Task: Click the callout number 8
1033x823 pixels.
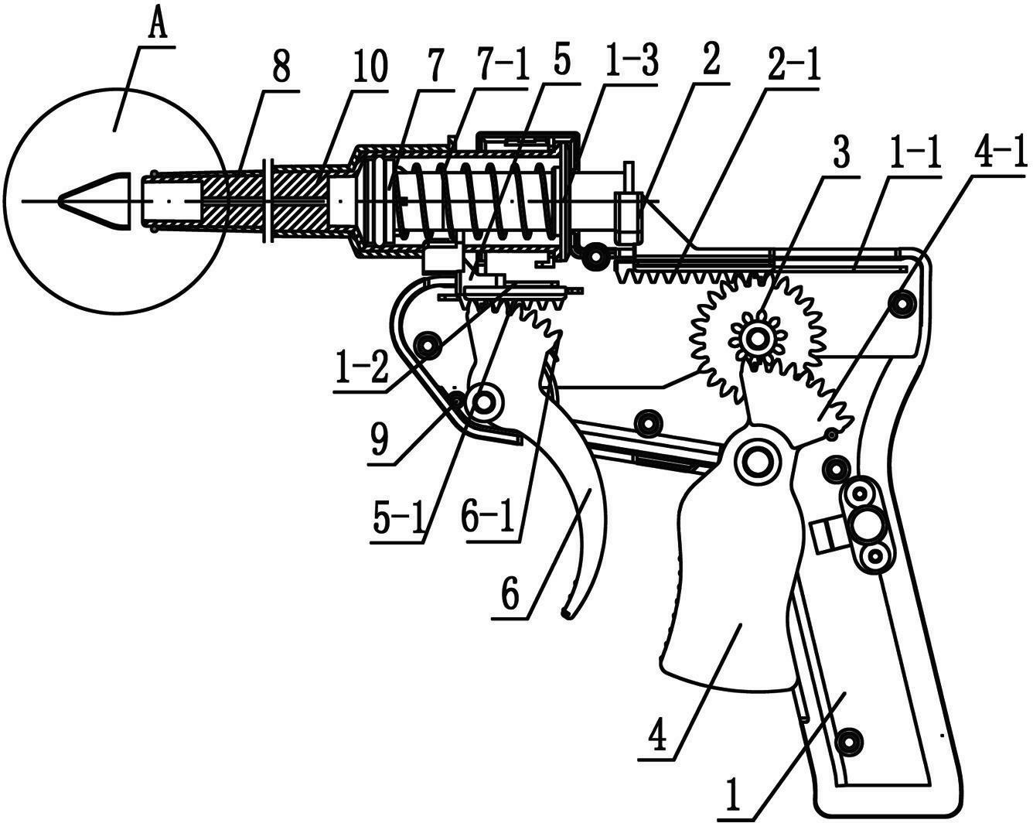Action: (281, 68)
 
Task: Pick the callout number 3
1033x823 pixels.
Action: (841, 152)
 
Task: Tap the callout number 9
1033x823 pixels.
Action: (379, 440)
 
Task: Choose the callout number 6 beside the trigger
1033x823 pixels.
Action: (510, 596)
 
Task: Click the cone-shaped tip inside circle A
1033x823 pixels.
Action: (94, 201)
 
